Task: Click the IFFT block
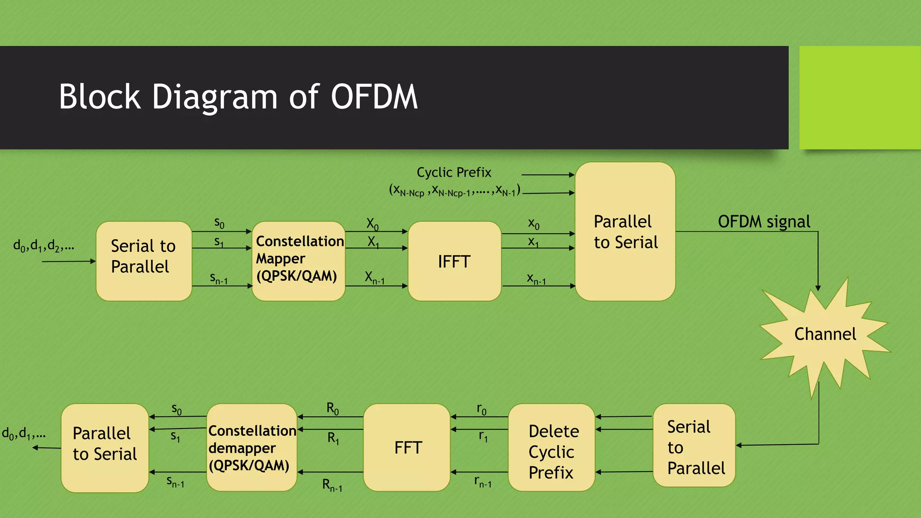(454, 261)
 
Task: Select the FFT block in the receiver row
(407, 447)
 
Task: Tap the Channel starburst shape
(824, 335)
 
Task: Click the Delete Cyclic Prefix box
(552, 451)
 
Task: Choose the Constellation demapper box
(251, 448)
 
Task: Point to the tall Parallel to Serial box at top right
(625, 232)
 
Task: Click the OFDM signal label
(764, 222)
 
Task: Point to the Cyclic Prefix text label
(454, 172)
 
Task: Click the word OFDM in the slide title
(374, 97)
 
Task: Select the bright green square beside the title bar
(860, 98)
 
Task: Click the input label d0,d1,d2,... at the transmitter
(44, 246)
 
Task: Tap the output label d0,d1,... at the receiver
(24, 434)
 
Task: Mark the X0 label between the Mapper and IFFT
(372, 223)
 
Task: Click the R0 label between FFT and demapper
(332, 408)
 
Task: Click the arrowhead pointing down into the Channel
(818, 288)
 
